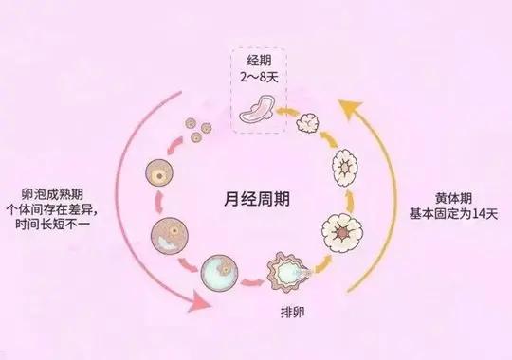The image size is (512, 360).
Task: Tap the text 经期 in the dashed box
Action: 257,59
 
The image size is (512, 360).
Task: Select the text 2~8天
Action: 257,75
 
